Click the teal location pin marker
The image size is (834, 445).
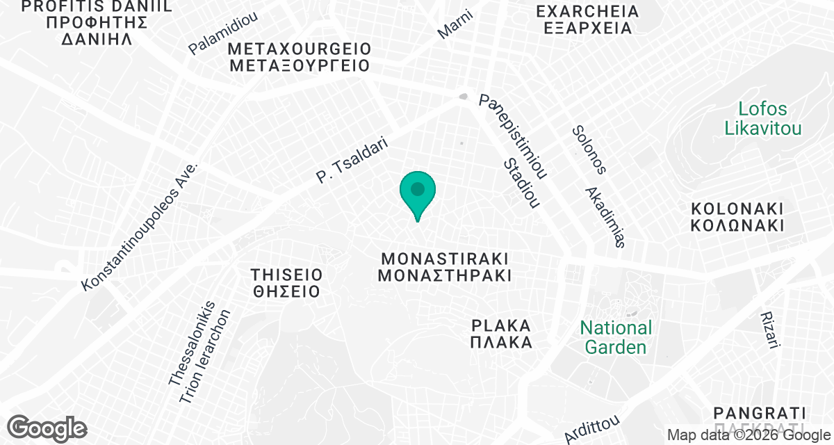[417, 192]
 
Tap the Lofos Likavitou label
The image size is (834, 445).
[763, 118]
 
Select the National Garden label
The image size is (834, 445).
[616, 337]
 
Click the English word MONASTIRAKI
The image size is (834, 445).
[444, 257]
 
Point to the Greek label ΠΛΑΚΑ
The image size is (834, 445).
[501, 342]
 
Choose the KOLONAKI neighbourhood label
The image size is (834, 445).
[737, 208]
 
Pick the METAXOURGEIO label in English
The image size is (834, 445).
[300, 49]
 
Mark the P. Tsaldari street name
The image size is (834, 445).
[351, 159]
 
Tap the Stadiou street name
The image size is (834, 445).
[522, 183]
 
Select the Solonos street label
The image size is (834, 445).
[589, 149]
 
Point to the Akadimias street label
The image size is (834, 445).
[605, 217]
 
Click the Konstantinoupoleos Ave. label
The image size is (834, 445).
[140, 227]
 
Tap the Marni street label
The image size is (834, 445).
[455, 24]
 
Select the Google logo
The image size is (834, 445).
[47, 428]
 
